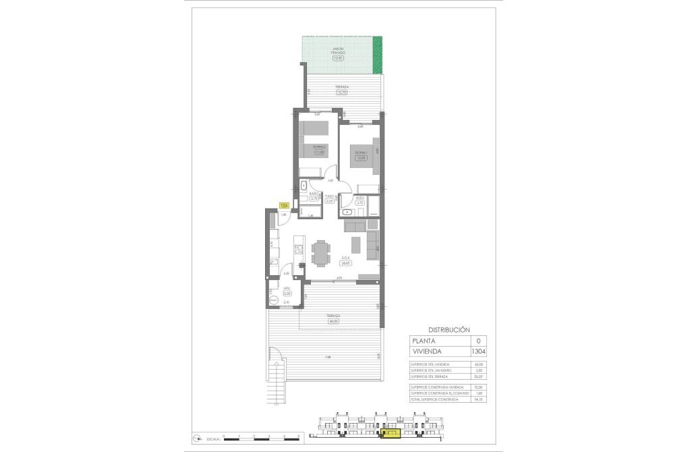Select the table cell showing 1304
click(x=478, y=351)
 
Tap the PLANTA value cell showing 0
click(x=478, y=341)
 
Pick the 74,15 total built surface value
click(x=479, y=399)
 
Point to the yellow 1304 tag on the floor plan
click(x=284, y=205)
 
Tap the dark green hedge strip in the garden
click(x=378, y=57)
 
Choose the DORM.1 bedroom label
click(x=360, y=152)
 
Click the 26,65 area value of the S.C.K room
click(x=345, y=263)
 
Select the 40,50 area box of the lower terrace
click(x=333, y=321)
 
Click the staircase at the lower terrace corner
click(x=276, y=381)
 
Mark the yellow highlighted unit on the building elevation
click(x=389, y=434)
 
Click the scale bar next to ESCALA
click(x=260, y=439)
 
